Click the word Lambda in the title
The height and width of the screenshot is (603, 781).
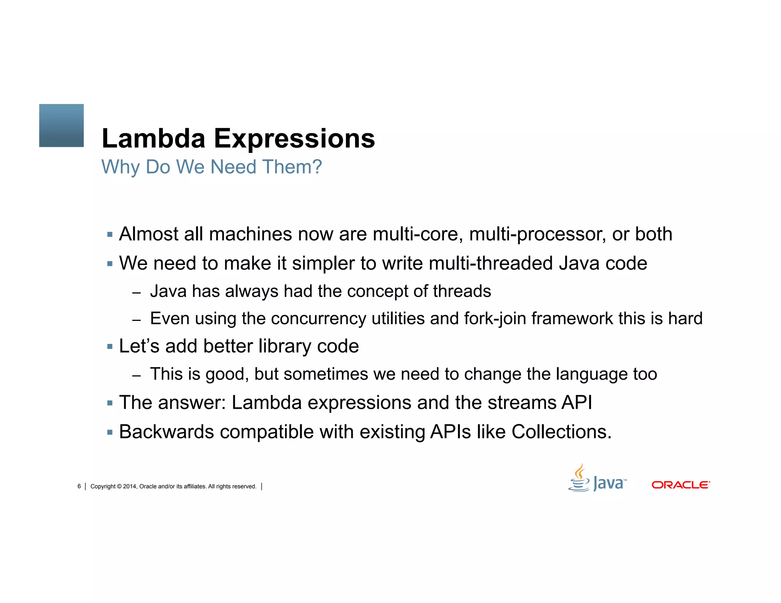click(x=153, y=138)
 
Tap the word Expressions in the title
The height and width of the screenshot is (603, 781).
click(x=294, y=138)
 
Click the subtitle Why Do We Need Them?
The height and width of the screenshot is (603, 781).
click(x=212, y=167)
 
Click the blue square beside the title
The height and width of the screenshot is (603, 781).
click(x=61, y=125)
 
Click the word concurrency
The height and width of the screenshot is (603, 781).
click(x=318, y=318)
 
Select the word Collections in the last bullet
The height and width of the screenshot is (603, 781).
click(x=561, y=432)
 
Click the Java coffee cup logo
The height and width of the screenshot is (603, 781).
click(x=579, y=478)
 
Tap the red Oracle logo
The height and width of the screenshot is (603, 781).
click(x=681, y=485)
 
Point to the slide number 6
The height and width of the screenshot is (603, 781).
click(x=79, y=486)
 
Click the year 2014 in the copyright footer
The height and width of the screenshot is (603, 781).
click(x=129, y=486)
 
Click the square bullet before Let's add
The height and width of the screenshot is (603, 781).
click(x=110, y=346)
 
